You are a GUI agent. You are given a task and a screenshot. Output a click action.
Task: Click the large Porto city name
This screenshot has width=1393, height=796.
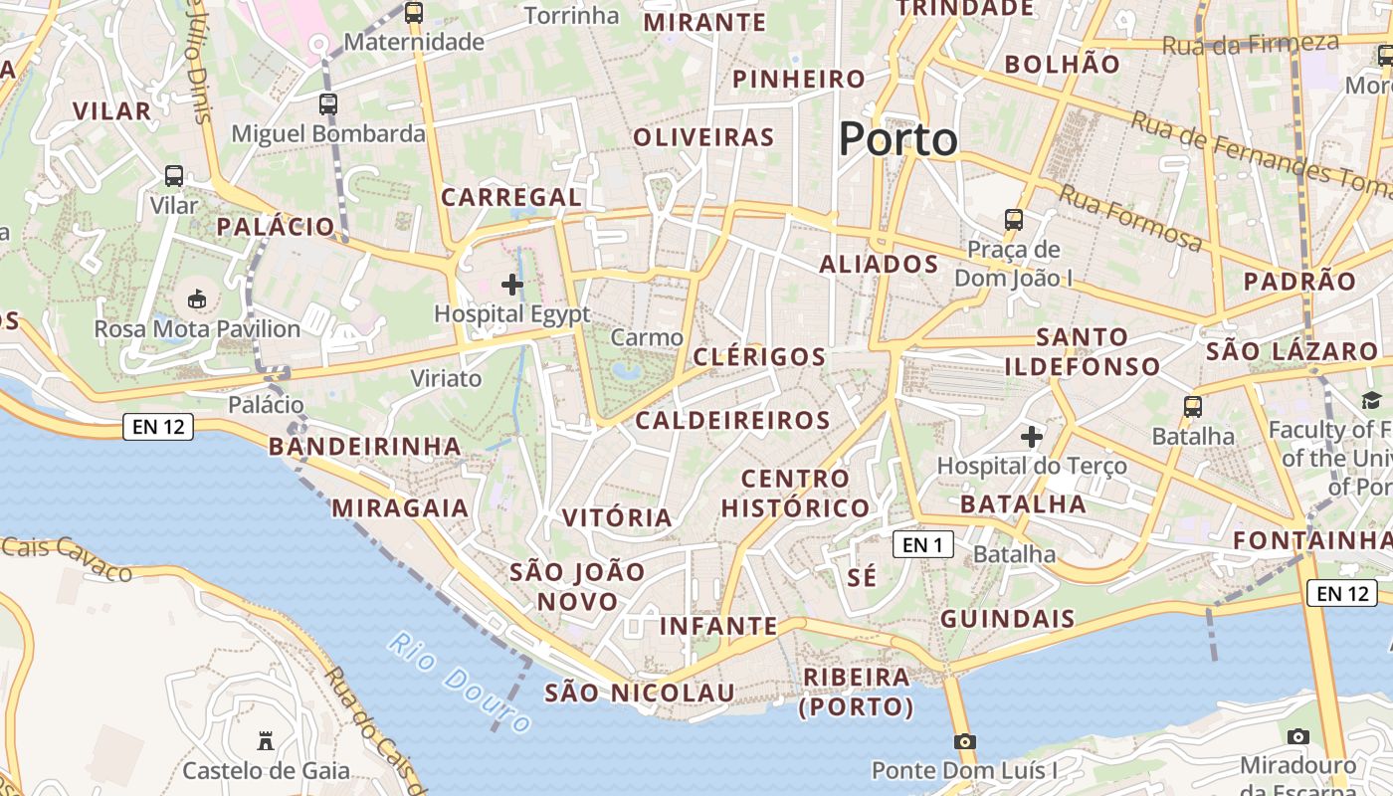point(897,139)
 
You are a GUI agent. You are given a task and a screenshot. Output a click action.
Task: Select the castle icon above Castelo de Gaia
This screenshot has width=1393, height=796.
point(266,741)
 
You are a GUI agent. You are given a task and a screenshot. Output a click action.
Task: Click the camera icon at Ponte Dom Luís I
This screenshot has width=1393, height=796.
point(964,741)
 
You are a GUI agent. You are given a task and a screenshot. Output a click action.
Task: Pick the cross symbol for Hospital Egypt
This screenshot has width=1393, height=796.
point(512,286)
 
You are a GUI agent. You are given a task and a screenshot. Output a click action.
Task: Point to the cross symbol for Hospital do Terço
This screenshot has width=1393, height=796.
point(1032,437)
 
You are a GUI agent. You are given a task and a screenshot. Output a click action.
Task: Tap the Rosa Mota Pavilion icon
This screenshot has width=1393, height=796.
point(197,298)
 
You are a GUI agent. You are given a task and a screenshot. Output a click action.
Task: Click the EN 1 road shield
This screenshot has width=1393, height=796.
point(922,544)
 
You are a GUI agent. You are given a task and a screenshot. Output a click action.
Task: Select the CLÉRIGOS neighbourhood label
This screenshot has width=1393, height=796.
point(759,357)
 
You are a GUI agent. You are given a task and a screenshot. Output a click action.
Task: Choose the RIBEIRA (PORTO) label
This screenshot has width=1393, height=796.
point(857,692)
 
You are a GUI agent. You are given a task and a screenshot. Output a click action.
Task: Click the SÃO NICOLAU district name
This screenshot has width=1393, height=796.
point(640,693)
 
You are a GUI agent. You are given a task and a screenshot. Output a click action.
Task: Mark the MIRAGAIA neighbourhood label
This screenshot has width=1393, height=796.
point(400,508)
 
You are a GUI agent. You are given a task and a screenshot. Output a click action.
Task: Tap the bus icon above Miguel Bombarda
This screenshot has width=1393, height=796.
point(328,103)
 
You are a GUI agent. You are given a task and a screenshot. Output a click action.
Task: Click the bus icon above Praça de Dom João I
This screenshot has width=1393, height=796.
point(1014,219)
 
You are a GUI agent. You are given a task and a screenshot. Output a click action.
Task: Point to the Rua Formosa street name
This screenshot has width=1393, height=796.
point(1130,218)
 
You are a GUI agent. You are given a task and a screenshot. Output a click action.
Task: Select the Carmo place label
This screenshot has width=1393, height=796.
point(647,337)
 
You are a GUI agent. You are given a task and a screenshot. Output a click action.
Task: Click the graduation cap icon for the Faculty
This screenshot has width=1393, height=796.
point(1371,400)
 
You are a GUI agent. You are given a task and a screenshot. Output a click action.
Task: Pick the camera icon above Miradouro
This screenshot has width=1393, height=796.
point(1297,736)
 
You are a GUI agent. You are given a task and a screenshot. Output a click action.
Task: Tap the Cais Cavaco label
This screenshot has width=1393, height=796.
point(67,558)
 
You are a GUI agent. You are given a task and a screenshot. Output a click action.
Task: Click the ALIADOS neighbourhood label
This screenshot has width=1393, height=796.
point(879,264)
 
